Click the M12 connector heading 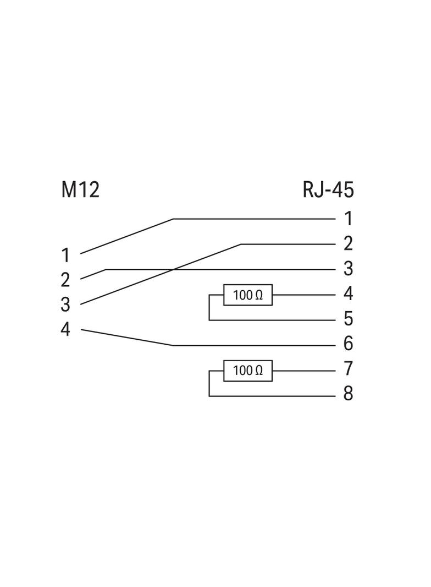click(80, 190)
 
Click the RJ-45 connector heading click(328, 190)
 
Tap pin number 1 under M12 click(65, 256)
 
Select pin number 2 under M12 click(65, 280)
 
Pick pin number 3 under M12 click(65, 305)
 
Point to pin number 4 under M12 click(65, 330)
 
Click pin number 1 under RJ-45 click(348, 219)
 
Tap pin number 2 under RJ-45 click(348, 243)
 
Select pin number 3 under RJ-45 click(348, 269)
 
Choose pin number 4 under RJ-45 click(348, 294)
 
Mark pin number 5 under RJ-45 click(348, 319)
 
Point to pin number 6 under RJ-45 click(348, 345)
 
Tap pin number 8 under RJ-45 click(348, 394)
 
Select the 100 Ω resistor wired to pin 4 click(247, 295)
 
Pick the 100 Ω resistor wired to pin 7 click(247, 371)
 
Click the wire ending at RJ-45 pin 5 click(275, 320)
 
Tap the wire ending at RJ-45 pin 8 click(275, 396)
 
